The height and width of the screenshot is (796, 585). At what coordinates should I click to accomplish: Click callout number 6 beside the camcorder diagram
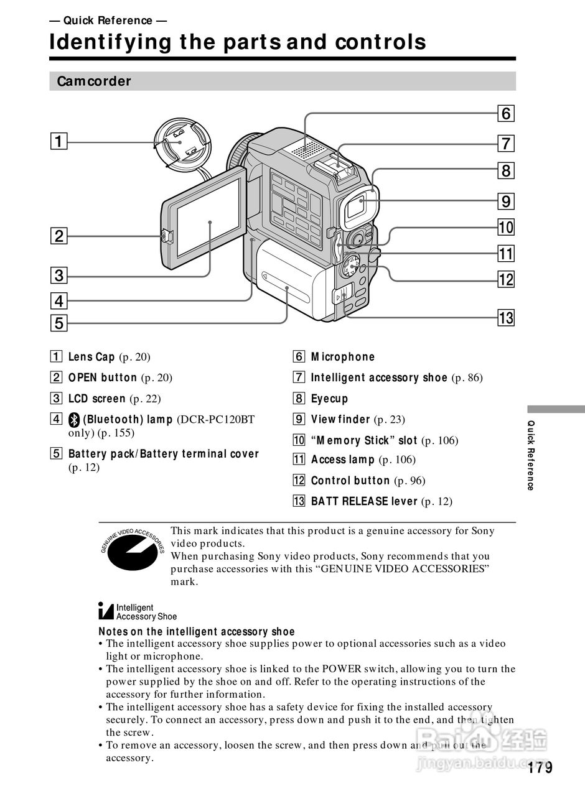[x=506, y=113]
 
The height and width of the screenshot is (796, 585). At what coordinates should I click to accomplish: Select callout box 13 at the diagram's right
[x=506, y=318]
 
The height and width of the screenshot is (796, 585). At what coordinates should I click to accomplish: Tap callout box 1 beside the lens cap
[x=58, y=142]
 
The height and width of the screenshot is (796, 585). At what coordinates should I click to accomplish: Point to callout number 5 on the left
[x=58, y=323]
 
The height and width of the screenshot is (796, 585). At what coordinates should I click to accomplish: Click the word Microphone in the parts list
[x=343, y=357]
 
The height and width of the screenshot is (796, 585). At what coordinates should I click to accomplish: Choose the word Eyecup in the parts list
[x=329, y=399]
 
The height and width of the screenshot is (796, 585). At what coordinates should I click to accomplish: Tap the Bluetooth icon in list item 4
[x=74, y=420]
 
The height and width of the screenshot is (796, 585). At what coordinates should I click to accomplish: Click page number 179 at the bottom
[x=540, y=768]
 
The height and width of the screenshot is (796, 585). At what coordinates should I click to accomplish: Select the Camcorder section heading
[x=94, y=81]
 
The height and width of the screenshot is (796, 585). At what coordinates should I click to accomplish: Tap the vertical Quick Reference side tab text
[x=531, y=455]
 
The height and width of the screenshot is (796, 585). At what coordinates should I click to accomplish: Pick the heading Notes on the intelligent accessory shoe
[x=197, y=632]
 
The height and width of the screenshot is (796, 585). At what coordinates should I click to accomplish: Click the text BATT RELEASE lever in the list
[x=364, y=501]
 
